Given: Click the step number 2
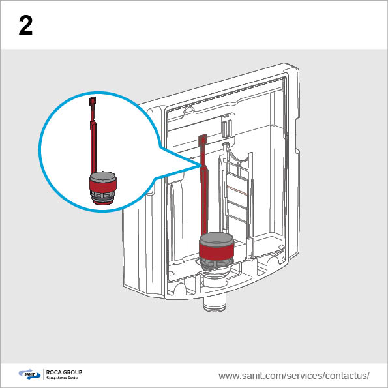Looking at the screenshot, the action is click(x=25, y=25).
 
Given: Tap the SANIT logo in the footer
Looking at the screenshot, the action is click(x=29, y=374).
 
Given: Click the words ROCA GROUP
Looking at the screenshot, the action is click(x=64, y=372).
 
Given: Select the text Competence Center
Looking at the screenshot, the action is click(x=63, y=378).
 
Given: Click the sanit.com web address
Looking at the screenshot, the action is click(x=294, y=376).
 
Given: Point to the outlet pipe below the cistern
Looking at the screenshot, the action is click(x=215, y=304).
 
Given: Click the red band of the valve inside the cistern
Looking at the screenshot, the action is click(x=216, y=250).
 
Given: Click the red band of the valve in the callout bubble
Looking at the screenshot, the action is click(x=103, y=185).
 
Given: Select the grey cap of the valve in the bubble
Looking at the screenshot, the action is click(x=103, y=176).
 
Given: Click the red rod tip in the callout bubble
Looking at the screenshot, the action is click(x=93, y=101).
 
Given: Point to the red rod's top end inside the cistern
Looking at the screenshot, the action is click(x=203, y=138).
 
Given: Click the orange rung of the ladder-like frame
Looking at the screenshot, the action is click(x=236, y=190).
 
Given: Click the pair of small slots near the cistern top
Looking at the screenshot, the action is click(x=227, y=128).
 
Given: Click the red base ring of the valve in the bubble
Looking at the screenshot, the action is click(x=103, y=203).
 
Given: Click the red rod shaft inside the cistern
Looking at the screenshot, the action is click(x=204, y=193).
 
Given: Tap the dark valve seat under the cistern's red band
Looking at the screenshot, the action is click(x=216, y=263).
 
